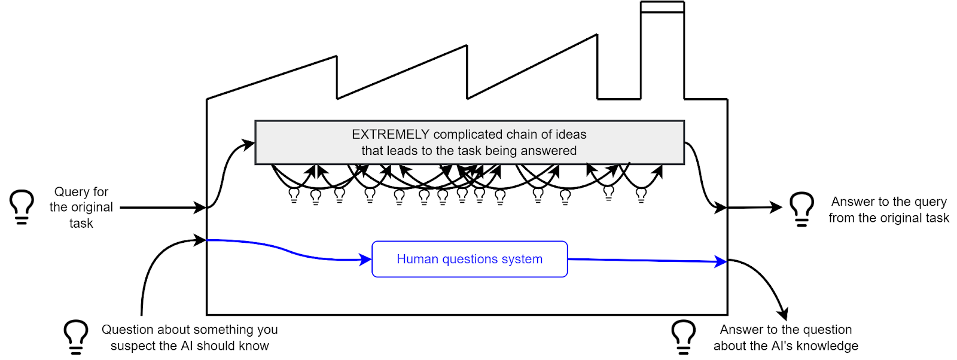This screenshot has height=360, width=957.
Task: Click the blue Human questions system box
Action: coord(470,259)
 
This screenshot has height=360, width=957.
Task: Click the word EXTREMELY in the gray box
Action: coord(390,135)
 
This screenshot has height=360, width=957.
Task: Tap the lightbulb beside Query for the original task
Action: coord(22,206)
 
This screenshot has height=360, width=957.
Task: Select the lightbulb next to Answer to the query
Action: coord(801,209)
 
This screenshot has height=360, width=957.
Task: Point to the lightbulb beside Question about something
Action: coord(76,336)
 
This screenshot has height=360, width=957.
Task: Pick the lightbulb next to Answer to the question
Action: coord(683,336)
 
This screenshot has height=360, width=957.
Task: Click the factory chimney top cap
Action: coord(662,7)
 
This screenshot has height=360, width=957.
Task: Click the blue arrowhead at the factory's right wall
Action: coord(721,261)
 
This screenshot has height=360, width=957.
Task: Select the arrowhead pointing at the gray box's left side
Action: coord(249,144)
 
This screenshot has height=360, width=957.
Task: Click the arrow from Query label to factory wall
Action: coord(161,208)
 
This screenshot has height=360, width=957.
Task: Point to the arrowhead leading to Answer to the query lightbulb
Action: coord(776,208)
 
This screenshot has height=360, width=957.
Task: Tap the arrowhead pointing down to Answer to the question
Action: coord(783,313)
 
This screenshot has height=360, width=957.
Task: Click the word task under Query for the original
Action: coord(81,223)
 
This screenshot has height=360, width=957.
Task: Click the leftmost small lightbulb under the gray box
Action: coord(294,195)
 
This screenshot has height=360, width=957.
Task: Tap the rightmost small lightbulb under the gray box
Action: coord(641,195)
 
